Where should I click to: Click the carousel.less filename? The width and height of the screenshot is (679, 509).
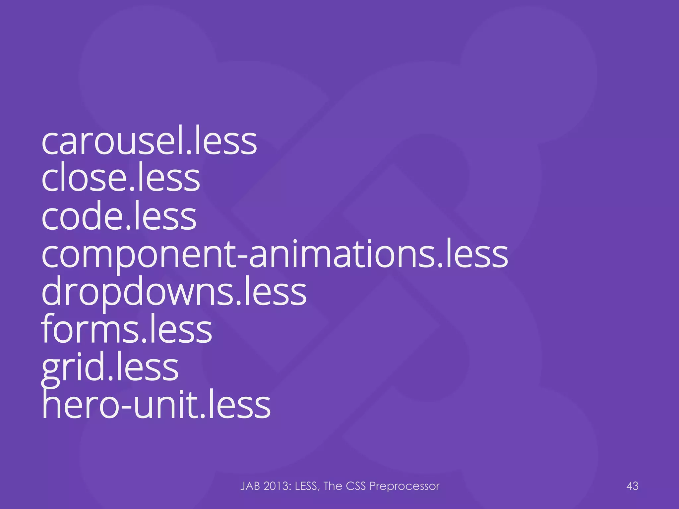[x=149, y=142]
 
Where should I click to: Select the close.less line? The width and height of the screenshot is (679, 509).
[x=121, y=179]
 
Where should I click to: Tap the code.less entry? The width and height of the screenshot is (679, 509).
[x=119, y=217]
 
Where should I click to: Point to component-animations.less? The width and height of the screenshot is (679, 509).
[x=275, y=254]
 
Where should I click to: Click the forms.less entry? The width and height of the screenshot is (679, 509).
[x=126, y=330]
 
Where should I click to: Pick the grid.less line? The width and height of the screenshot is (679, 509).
[x=110, y=368]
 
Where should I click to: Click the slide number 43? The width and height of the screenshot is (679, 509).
[x=632, y=486]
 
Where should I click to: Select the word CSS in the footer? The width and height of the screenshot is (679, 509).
[x=356, y=486]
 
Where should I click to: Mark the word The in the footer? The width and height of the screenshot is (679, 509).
[x=333, y=486]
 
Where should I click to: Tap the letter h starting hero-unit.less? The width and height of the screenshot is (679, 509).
[x=52, y=405]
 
